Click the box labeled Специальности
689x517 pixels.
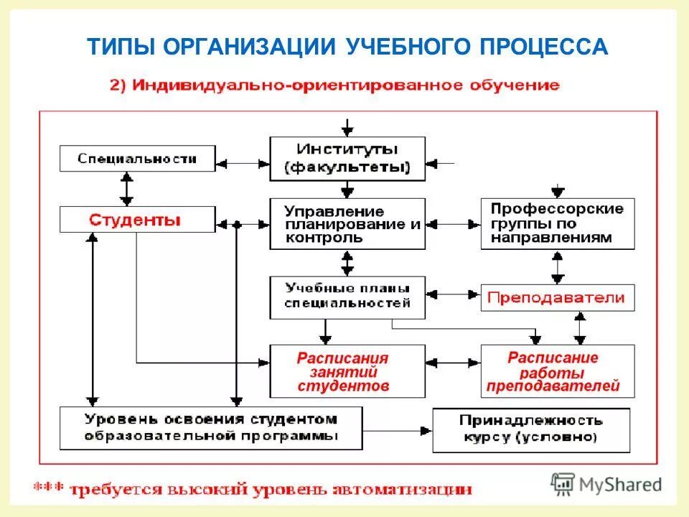[136, 158]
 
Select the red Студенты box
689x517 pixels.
[136, 219]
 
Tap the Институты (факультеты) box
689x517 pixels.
[347, 159]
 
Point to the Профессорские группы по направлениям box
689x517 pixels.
[558, 223]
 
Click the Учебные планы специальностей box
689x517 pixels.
[347, 297]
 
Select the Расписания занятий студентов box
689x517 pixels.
[343, 371]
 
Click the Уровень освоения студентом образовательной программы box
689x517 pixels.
[211, 428]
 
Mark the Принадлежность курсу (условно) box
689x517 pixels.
[531, 429]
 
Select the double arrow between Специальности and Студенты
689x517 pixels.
[127, 189]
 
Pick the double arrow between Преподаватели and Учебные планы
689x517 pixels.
[453, 294]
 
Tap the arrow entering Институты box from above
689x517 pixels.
[347, 128]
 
